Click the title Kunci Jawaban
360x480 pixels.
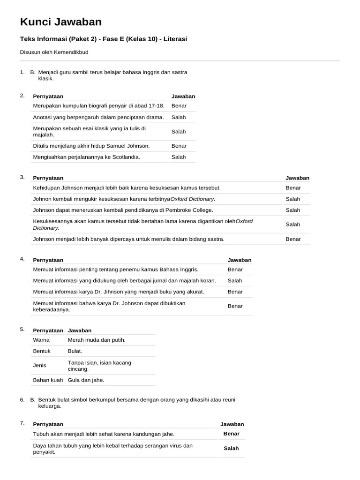(60, 22)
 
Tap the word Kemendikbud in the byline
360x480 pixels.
(72, 52)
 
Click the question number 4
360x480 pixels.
(22, 259)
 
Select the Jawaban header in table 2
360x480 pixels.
(183, 96)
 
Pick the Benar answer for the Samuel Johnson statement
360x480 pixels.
(179, 146)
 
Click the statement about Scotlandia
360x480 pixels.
(86, 157)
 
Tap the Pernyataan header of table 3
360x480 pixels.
(48, 178)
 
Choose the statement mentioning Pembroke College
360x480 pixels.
(123, 210)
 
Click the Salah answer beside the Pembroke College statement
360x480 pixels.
(292, 210)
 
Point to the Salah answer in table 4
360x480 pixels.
(235, 280)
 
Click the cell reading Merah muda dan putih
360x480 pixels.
(97, 339)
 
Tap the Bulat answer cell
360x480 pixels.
(75, 351)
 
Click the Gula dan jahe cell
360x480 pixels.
(86, 380)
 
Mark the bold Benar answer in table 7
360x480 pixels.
(231, 434)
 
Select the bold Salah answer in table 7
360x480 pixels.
(231, 448)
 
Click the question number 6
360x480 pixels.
(22, 399)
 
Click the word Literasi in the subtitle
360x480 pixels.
(174, 39)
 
